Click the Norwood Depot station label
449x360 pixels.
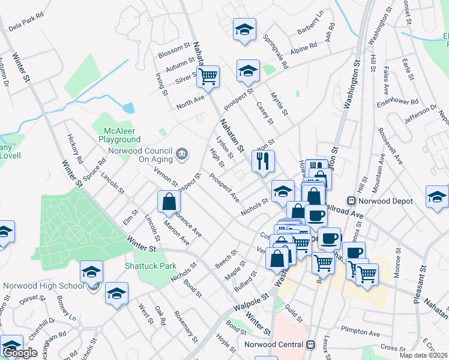378,200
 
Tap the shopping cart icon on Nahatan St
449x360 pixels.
208,76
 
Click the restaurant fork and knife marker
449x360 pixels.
262,160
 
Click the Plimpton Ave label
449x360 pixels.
360,332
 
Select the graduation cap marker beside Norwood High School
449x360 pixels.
91,271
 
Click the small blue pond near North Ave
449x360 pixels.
128,108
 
